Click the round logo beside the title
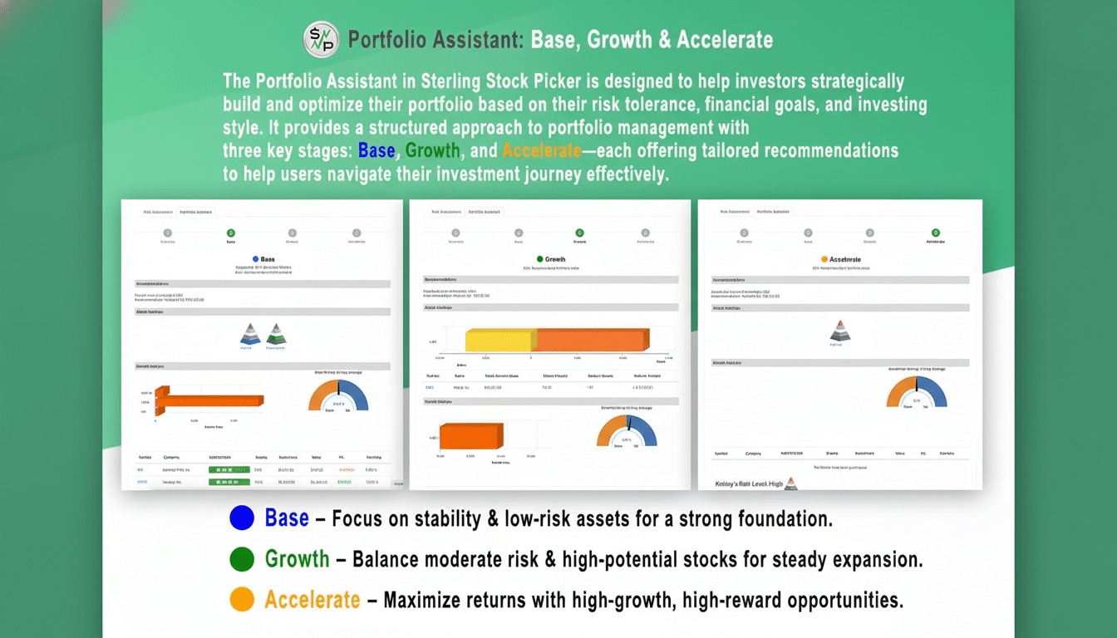(x=321, y=40)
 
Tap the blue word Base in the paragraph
(x=376, y=151)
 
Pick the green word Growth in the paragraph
(x=432, y=151)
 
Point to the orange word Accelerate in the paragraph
(x=541, y=151)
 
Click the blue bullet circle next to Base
(x=241, y=518)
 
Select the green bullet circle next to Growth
(x=241, y=559)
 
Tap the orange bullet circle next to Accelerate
(x=241, y=600)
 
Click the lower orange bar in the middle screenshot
(x=470, y=436)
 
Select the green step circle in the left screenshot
(x=230, y=233)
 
